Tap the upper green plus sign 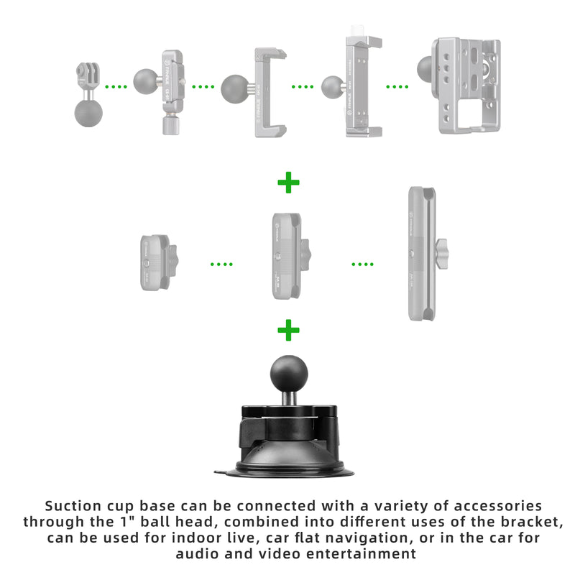click(288, 183)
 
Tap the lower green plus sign click(288, 331)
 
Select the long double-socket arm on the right click(421, 253)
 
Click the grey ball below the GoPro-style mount click(88, 114)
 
